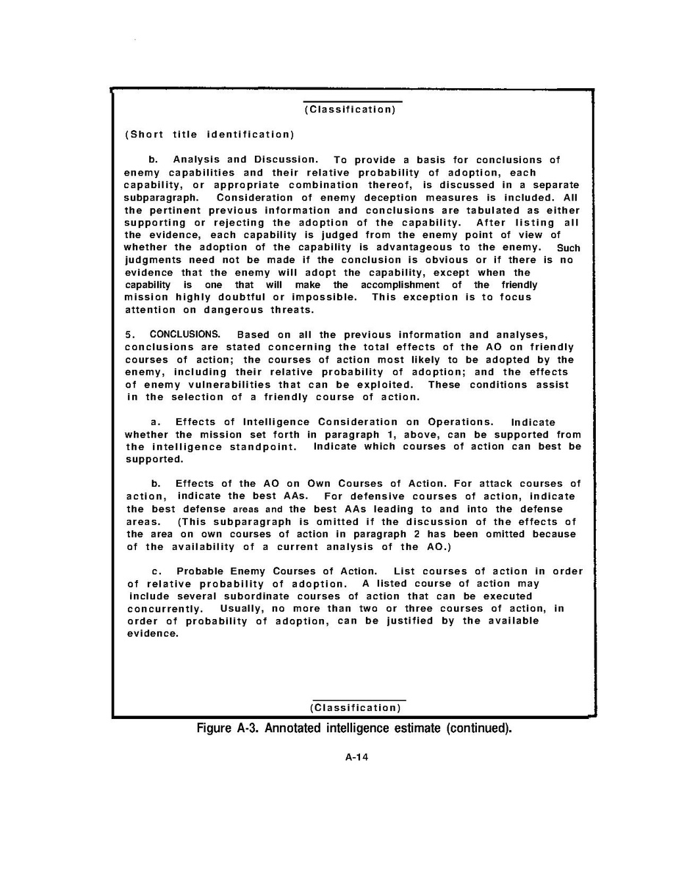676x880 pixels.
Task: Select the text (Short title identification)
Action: pyautogui.click(x=209, y=135)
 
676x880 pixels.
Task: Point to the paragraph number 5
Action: pyautogui.click(x=129, y=335)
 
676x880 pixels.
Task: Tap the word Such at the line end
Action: pyautogui.click(x=569, y=248)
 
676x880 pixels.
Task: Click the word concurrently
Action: pyautogui.click(x=164, y=609)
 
